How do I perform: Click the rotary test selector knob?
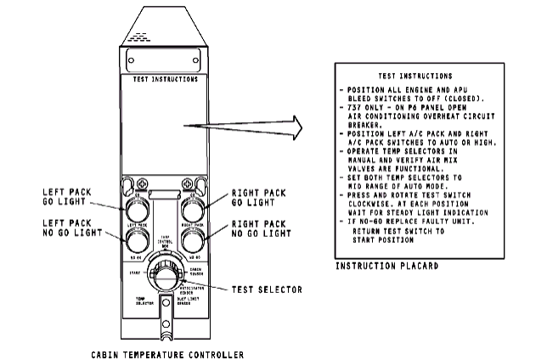tap(165, 278)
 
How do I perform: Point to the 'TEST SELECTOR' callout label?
tap(268, 290)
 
